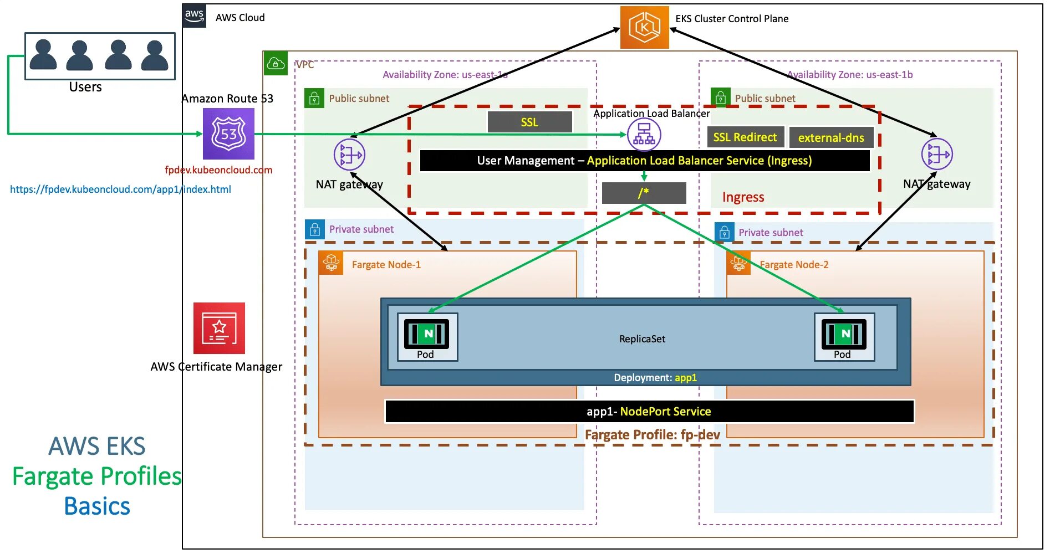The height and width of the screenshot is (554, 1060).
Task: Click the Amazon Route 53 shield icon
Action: point(228,134)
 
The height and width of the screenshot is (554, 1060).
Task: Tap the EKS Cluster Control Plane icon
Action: point(644,27)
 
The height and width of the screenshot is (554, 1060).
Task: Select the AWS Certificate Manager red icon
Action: point(219,328)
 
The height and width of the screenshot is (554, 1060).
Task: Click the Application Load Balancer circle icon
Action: point(644,135)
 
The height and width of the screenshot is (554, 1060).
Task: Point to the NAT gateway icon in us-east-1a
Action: point(349,155)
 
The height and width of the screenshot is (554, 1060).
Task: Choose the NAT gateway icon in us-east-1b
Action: point(937,154)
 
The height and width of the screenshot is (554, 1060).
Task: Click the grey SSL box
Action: point(529,122)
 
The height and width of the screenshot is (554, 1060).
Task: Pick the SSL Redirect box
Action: point(745,137)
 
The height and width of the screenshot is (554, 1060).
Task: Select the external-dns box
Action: point(830,138)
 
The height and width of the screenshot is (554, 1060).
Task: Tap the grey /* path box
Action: point(644,193)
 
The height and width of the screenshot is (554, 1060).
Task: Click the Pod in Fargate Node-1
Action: point(427,337)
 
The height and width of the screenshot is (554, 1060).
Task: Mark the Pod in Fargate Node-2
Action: point(844,337)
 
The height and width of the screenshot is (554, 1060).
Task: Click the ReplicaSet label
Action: point(642,339)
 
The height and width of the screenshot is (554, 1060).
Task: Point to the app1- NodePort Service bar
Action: point(649,412)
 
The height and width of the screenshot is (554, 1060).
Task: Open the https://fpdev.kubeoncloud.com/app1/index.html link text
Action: point(120,189)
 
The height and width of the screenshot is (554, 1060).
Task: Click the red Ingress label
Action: point(743,197)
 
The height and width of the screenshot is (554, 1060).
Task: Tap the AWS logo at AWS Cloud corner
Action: point(194,16)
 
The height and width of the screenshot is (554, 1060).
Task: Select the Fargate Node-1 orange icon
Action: point(331,263)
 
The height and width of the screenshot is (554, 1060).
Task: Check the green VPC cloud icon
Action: point(276,64)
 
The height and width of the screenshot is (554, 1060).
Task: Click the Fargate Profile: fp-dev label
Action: point(652,435)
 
